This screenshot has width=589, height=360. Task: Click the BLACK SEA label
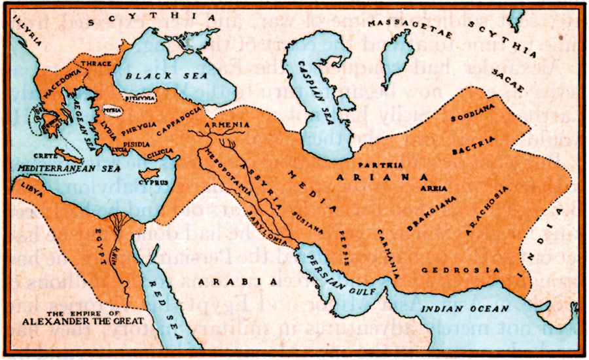pos(152,76)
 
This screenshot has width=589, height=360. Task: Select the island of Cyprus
pos(154,175)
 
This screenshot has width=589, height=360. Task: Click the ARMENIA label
pos(226,124)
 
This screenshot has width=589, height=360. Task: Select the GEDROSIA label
pos(452,270)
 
